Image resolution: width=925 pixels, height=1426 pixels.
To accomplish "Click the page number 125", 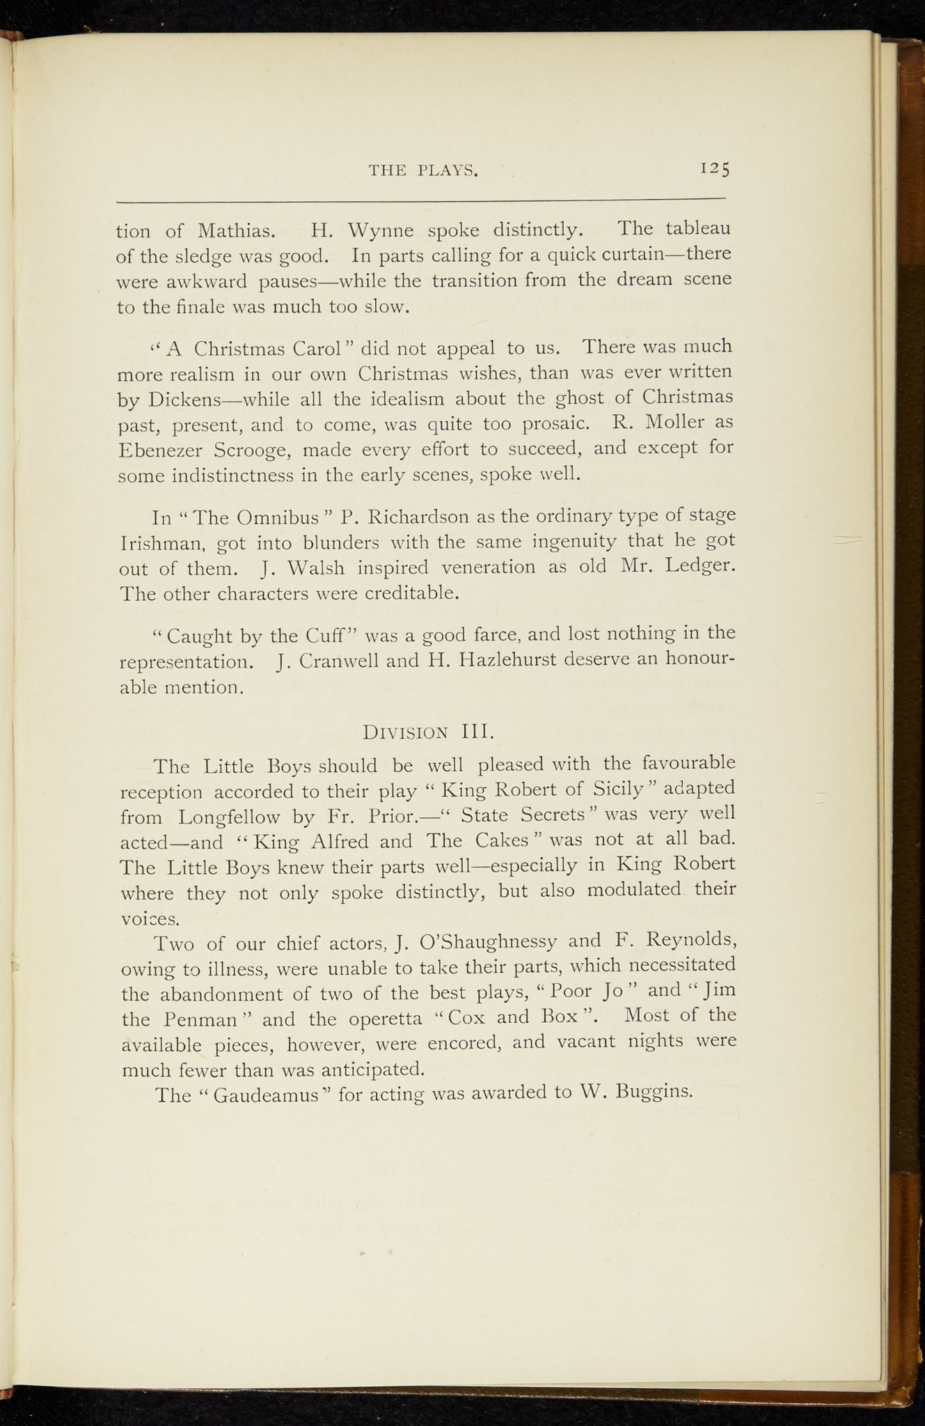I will [x=714, y=169].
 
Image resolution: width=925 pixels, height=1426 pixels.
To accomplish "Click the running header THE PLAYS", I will [x=422, y=171].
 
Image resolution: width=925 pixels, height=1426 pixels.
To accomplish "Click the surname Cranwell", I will [x=339, y=660].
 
